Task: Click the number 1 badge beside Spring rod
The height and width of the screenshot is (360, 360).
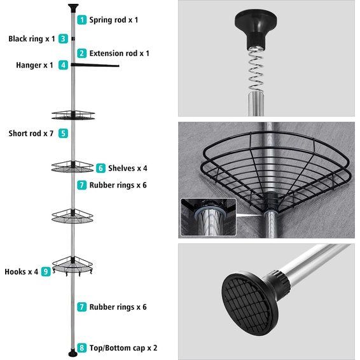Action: (81, 20)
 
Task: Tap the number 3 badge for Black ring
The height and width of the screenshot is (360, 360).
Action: (63, 39)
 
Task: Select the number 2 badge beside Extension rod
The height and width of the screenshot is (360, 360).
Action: (81, 53)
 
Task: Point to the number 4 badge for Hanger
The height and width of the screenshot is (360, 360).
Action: (63, 65)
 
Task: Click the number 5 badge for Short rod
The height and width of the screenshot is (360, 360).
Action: (63, 134)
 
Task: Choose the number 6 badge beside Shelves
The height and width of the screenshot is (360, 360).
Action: (100, 169)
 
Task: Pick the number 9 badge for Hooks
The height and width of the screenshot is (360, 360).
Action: (46, 272)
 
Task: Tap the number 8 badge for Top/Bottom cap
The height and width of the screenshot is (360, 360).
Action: (81, 348)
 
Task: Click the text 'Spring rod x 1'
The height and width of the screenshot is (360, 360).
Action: (114, 20)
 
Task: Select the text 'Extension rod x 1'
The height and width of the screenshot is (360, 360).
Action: (120, 53)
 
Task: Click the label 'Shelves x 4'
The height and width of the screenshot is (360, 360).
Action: (128, 169)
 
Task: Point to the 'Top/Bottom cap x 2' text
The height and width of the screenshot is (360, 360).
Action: (124, 348)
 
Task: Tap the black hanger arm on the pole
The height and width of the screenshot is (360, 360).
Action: (95, 64)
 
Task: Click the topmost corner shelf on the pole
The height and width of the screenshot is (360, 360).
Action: (73, 115)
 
